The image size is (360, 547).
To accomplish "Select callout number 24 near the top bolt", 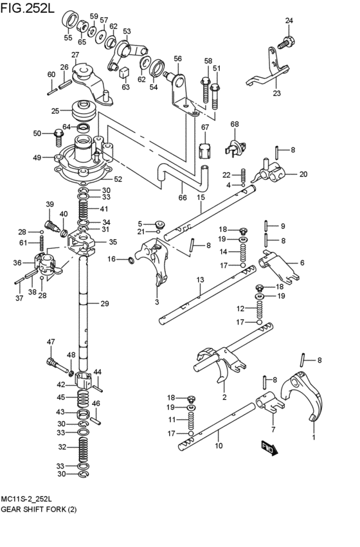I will (x=289, y=21).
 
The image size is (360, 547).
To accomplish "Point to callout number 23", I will (x=276, y=93).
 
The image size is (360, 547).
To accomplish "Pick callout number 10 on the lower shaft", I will (x=218, y=445).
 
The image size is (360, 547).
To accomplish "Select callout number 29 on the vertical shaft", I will (x=104, y=303).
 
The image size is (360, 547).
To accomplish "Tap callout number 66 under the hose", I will (x=183, y=198).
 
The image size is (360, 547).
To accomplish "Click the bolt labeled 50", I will (x=59, y=134).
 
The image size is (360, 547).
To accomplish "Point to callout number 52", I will (x=118, y=179).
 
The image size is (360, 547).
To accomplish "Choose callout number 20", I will (x=303, y=174).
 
